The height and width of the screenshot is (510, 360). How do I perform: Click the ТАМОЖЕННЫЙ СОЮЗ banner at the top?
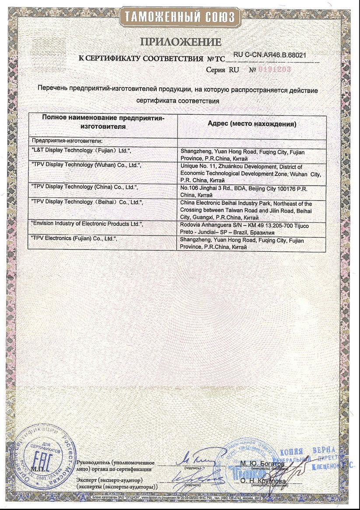pyautogui.click(x=180, y=17)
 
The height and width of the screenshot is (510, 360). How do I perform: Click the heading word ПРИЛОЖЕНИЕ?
pyautogui.click(x=180, y=42)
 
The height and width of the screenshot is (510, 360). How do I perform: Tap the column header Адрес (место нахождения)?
pyautogui.click(x=252, y=124)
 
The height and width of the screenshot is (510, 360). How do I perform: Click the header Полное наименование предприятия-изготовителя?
pyautogui.click(x=103, y=122)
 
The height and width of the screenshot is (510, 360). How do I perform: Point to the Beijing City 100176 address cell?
pyautogui.click(x=249, y=190)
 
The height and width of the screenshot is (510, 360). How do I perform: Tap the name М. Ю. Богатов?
pyautogui.click(x=262, y=463)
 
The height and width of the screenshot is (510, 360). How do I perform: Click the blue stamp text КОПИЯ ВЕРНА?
pyautogui.click(x=307, y=450)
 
